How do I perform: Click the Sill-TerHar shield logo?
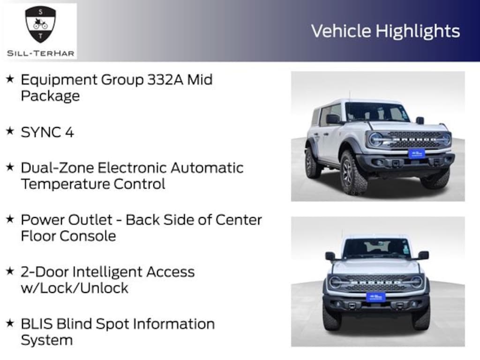coord(40,24)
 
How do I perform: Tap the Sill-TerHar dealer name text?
coord(40,53)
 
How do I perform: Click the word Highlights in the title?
coord(418,31)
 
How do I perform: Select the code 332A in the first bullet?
coord(165,80)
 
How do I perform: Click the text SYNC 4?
coord(47,132)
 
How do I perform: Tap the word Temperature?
coord(66,184)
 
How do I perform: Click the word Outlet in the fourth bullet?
coord(90,220)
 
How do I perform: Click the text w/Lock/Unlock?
coord(75,288)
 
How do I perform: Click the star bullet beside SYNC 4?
coord(10,131)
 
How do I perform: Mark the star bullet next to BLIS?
coord(10,323)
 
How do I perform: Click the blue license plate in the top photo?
coord(416,153)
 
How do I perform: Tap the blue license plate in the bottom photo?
coord(376,297)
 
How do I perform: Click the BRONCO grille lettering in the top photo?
coord(414,140)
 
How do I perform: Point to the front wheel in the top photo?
coord(352,173)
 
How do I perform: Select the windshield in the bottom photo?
coord(376,247)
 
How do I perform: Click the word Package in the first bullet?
coord(50,96)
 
